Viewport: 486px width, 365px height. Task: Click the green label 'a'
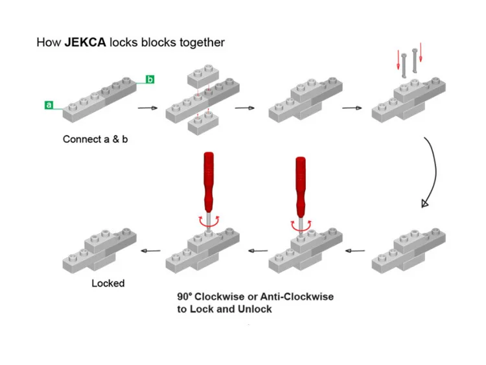[49, 105]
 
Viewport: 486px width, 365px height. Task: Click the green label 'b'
[150, 79]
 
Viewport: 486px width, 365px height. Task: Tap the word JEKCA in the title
[85, 42]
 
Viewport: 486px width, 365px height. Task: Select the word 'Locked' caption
[108, 283]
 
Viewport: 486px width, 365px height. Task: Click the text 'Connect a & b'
[95, 139]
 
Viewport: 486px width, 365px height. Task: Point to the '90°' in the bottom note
[185, 296]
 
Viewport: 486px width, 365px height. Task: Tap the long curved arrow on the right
[435, 171]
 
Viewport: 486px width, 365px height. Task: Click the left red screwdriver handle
[209, 182]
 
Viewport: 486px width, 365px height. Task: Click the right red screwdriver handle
[301, 187]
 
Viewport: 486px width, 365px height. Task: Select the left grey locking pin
[404, 65]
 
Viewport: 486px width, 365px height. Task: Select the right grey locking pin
[415, 61]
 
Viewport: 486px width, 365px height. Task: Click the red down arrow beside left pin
[399, 60]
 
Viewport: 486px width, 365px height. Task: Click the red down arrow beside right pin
[421, 52]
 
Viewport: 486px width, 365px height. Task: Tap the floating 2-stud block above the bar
[203, 76]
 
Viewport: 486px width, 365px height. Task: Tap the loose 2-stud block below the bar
[203, 123]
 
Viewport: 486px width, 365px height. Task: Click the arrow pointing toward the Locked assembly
[150, 250]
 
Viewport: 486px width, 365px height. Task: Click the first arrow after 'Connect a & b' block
[148, 108]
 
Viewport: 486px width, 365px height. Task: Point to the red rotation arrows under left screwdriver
[209, 221]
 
